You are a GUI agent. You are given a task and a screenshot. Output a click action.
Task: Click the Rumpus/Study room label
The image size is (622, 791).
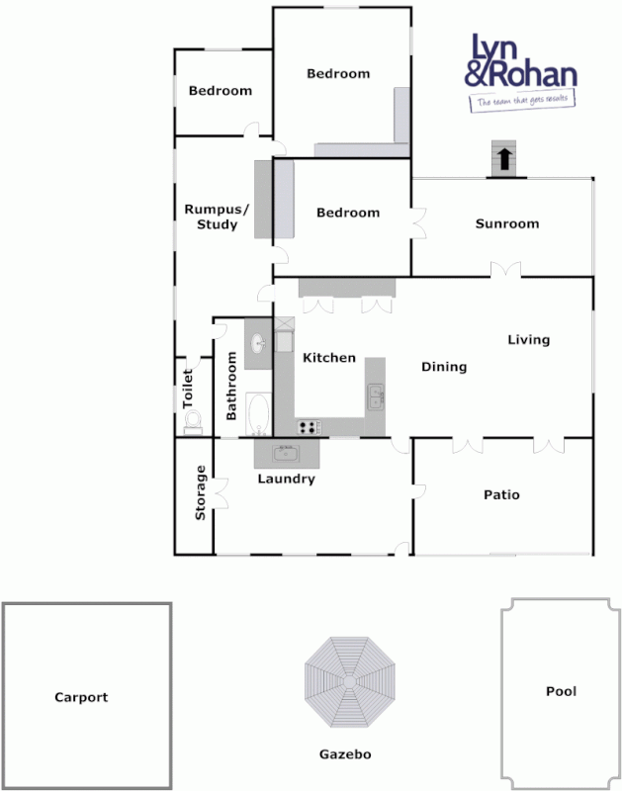pos(211,217)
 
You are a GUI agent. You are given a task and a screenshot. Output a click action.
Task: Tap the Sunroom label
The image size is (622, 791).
pos(507,223)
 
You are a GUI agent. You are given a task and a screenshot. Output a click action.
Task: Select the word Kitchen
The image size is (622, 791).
pos(328,357)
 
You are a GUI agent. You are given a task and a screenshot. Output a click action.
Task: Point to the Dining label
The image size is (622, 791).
pos(444,367)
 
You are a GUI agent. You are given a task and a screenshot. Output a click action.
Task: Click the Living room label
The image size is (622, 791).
pos(528,340)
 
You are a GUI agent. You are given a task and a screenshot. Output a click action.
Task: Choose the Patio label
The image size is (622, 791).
pos(501,494)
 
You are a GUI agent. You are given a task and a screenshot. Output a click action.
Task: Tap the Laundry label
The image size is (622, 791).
pos(286,480)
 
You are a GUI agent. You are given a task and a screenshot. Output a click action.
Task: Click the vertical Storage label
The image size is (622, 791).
pos(201,492)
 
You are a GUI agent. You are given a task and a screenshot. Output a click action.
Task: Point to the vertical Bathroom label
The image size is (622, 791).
pos(231,387)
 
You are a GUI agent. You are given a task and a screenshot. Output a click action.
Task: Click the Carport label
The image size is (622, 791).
pos(81,697)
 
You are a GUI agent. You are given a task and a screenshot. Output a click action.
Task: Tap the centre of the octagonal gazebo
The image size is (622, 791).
pos(349,682)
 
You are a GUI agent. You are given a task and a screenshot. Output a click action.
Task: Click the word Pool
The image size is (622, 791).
pos(561,691)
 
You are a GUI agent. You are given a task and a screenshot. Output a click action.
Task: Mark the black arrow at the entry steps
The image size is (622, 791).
pos(503,158)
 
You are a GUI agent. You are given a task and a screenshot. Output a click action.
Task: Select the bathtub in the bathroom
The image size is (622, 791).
pos(258,415)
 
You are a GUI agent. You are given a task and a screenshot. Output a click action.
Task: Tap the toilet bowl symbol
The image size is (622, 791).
pos(193,424)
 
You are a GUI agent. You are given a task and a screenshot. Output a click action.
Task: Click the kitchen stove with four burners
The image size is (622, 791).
pos(310,427)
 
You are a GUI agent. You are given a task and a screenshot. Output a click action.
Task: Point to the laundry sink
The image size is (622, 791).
pos(286,453)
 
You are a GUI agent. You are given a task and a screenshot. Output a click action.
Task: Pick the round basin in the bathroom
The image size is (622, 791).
pos(258,344)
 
